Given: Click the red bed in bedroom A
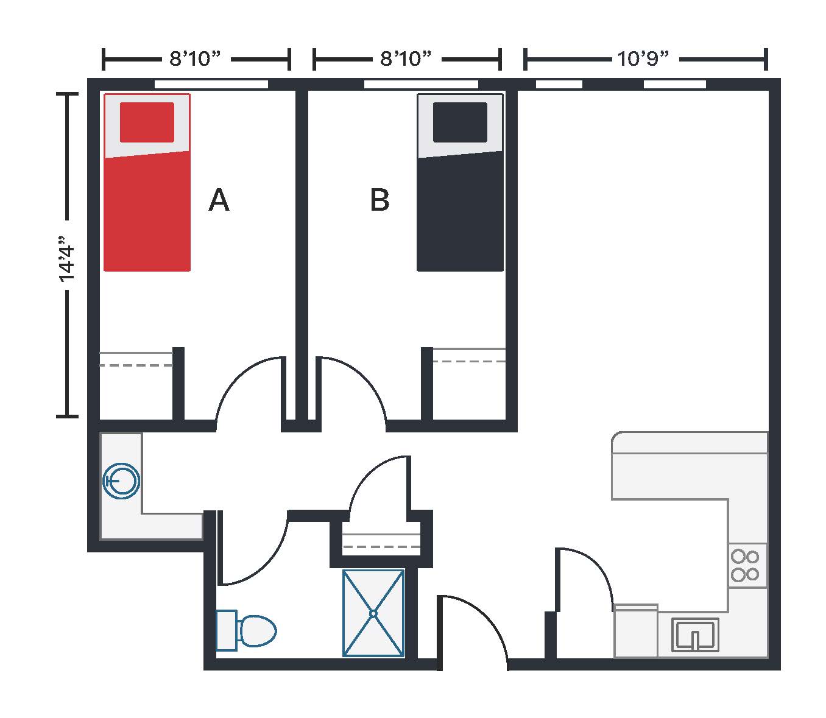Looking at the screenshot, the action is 147,183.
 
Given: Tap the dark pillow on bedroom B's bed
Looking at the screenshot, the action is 460,122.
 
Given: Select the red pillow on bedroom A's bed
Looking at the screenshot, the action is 147,122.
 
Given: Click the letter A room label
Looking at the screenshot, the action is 219,200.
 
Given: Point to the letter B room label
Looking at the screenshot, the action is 379,200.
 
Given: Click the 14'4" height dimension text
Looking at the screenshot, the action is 67,259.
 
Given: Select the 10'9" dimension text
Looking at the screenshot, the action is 643,58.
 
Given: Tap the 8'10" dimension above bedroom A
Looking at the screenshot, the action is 195,58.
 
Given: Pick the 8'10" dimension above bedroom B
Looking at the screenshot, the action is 406,58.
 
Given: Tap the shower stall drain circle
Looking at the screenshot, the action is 373,613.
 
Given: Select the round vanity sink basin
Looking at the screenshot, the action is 121,480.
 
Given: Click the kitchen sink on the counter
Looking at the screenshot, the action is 695,635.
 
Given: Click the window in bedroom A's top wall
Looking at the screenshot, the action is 211,84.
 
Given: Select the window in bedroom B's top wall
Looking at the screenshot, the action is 421,84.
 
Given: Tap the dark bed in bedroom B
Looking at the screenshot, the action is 461,183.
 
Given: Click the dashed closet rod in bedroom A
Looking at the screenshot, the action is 136,365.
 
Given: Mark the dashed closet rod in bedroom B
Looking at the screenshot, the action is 469,361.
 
